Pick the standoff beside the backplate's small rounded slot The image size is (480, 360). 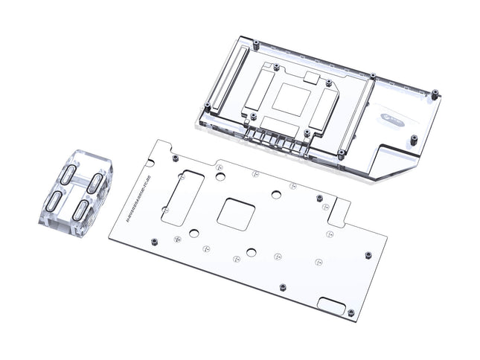pyautogui.click(x=351, y=312)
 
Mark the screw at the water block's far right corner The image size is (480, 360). pyautogui.click(x=435, y=94)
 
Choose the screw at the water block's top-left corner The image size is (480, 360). pyautogui.click(x=255, y=42)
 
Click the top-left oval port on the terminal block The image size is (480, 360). pyautogui.click(x=68, y=173)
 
